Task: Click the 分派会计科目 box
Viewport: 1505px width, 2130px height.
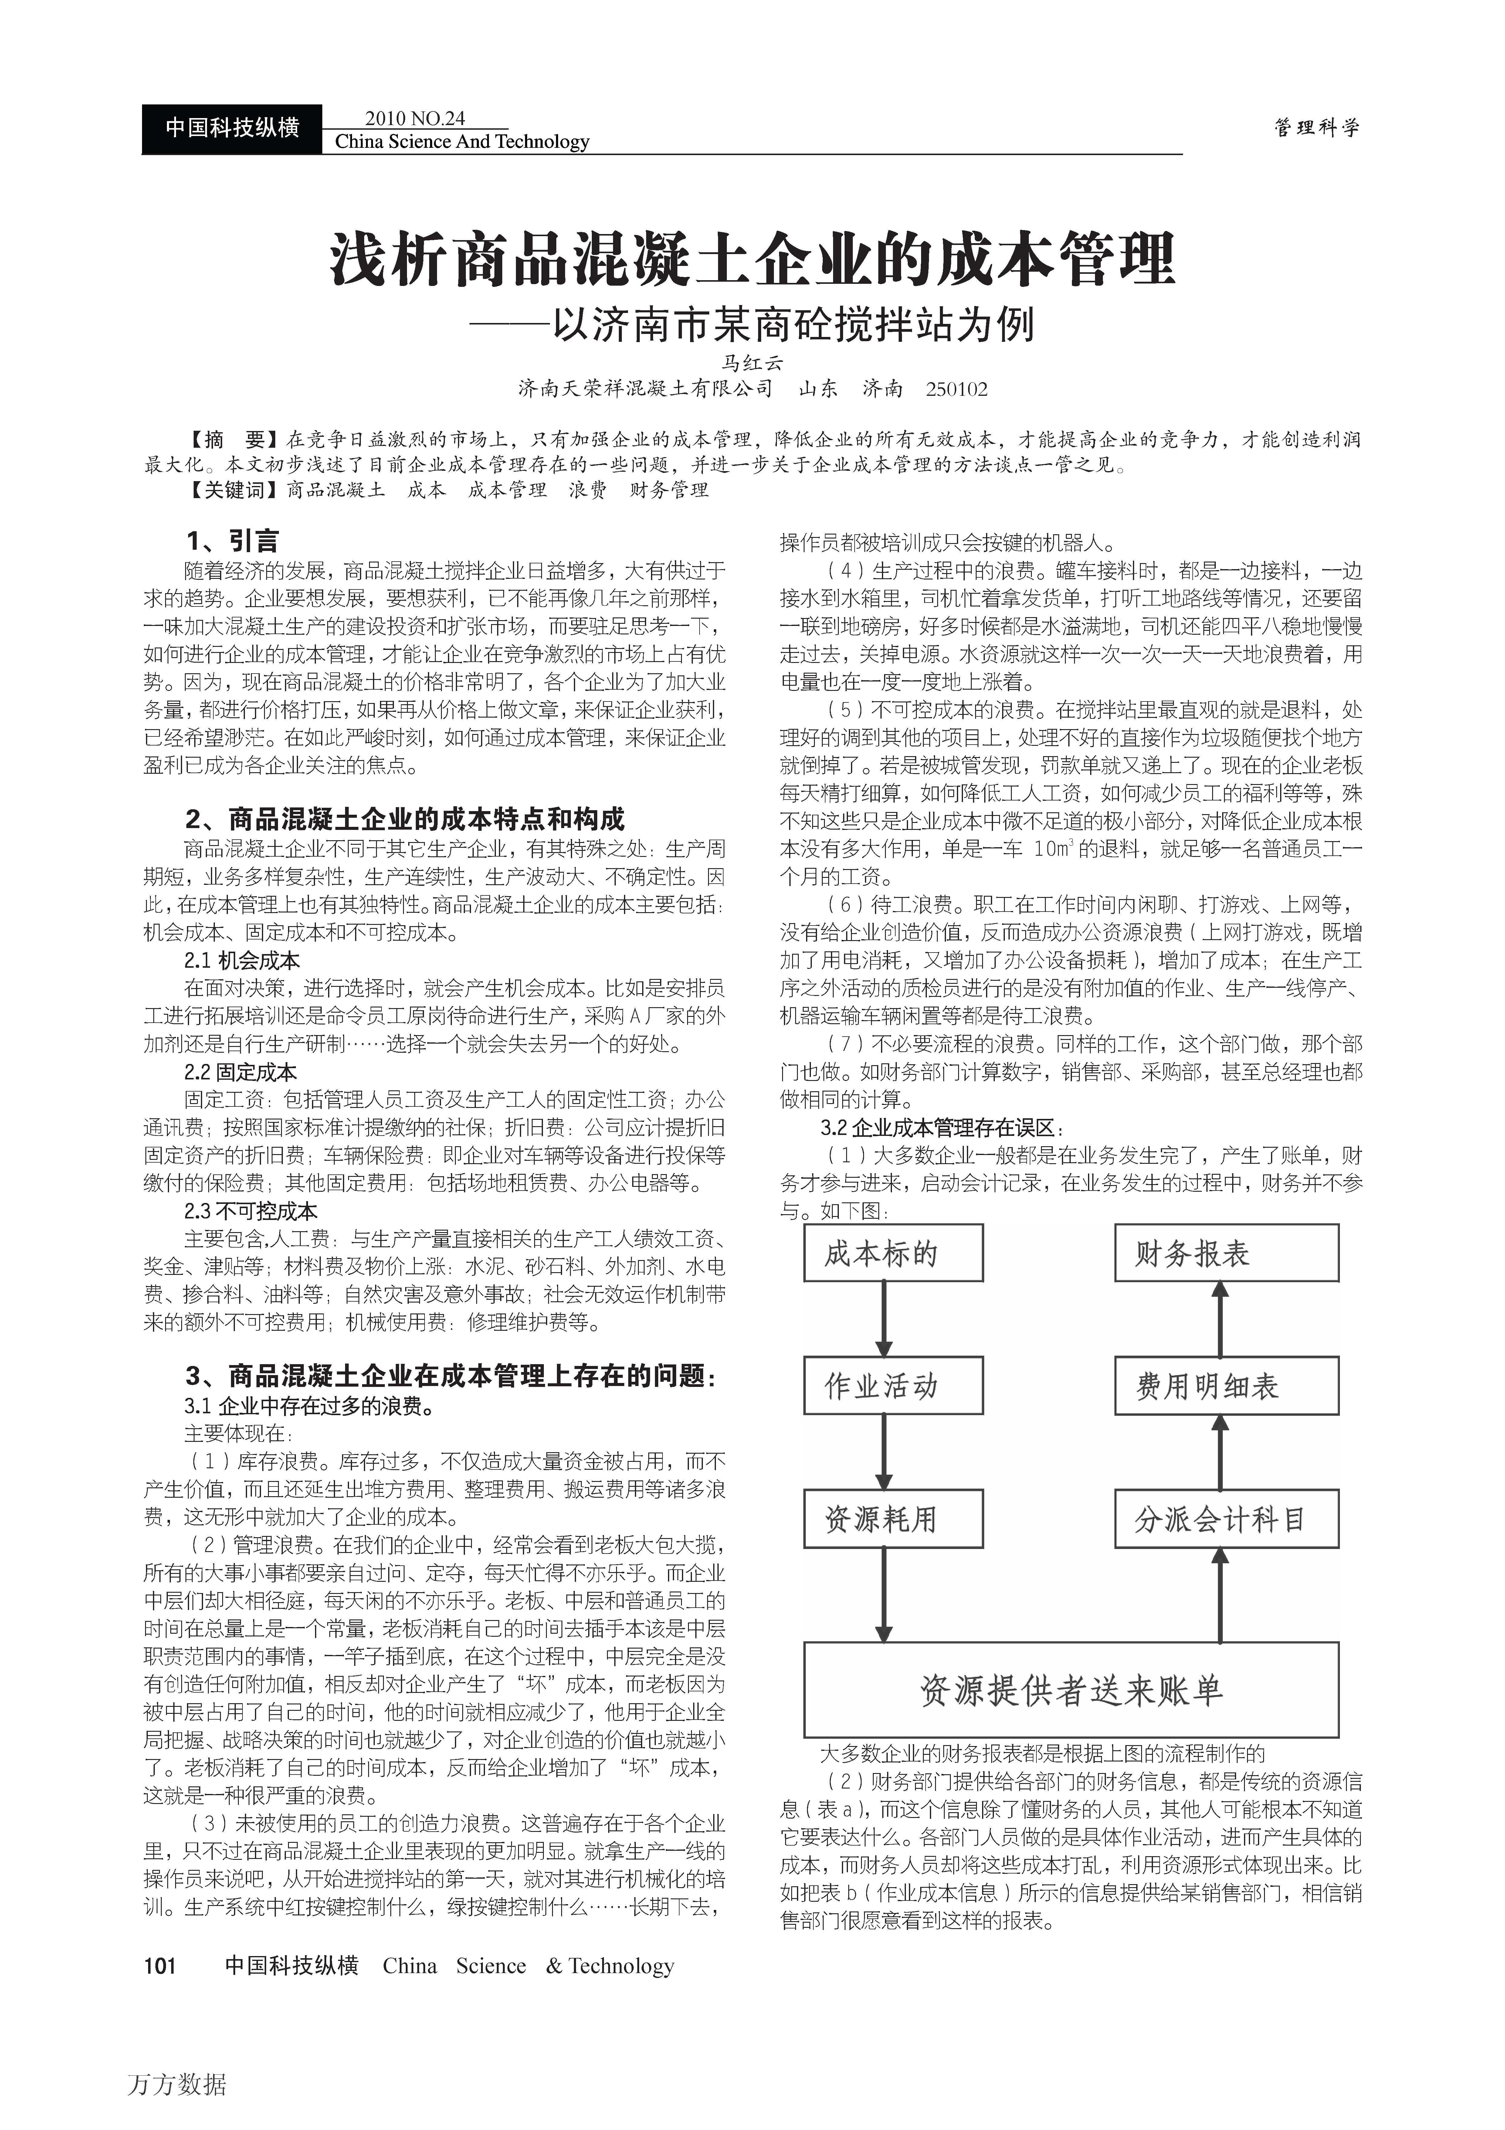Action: [1226, 1519]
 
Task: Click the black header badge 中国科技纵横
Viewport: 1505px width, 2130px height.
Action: [232, 128]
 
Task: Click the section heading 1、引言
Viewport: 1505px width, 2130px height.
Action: [231, 541]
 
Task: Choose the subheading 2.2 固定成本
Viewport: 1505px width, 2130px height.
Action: [240, 1072]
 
